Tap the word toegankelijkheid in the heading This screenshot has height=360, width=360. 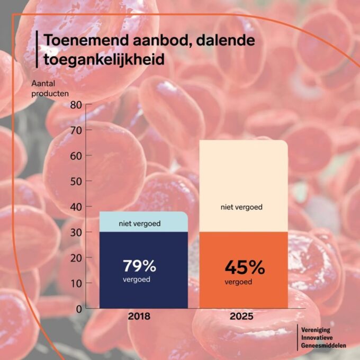pos(101,59)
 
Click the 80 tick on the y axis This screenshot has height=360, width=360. pos(76,105)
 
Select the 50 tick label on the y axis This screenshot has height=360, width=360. pos(76,181)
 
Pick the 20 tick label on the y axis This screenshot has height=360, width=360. pos(76,257)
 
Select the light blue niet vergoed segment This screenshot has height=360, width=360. pos(143,222)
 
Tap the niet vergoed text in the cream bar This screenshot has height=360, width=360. pos(242,207)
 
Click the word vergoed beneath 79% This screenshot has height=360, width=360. pos(136,279)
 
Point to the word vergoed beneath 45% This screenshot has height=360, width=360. pos(238,282)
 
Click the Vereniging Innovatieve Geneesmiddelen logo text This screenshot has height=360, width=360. pos(323,337)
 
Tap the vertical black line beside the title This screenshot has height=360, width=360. pos(37,49)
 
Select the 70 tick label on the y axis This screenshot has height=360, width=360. pos(76,130)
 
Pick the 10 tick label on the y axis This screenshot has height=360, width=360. pos(76,283)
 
